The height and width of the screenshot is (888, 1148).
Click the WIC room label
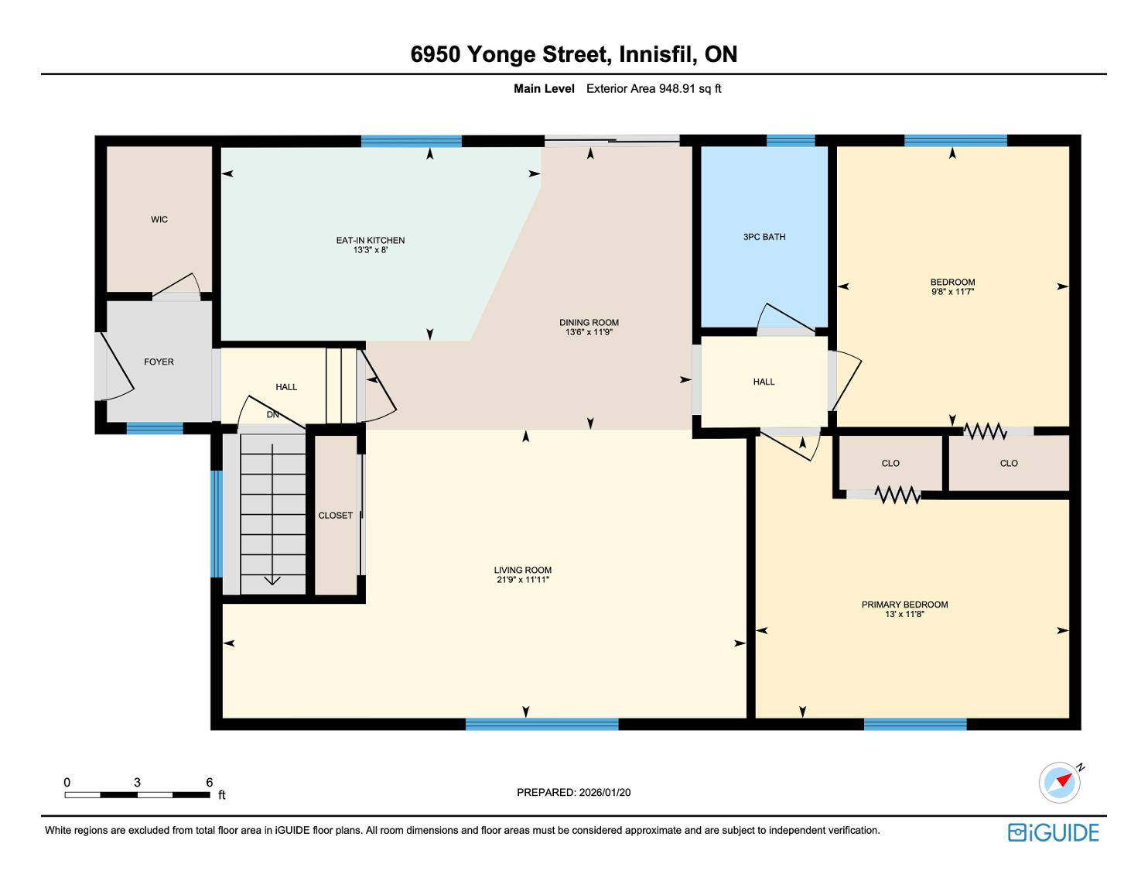pyautogui.click(x=159, y=219)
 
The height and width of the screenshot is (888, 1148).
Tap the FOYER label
pyautogui.click(x=159, y=362)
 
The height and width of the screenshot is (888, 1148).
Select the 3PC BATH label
pyautogui.click(x=764, y=237)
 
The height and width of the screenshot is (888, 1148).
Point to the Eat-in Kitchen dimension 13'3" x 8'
pyautogui.click(x=371, y=249)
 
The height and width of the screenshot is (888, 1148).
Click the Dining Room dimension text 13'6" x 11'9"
pyautogui.click(x=589, y=332)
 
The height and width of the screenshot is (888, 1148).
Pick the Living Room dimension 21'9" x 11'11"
pyautogui.click(x=522, y=579)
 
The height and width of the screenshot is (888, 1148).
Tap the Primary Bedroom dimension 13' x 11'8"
pyautogui.click(x=904, y=614)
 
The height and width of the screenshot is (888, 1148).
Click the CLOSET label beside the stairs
pyautogui.click(x=335, y=516)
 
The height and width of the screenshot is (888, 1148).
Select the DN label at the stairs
pyautogui.click(x=272, y=415)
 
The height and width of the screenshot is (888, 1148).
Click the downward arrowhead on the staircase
pyautogui.click(x=272, y=581)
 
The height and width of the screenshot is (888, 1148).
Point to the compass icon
pyautogui.click(x=1059, y=783)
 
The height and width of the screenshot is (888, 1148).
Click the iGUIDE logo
pyautogui.click(x=1053, y=832)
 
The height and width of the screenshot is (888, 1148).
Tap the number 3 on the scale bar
pyautogui.click(x=138, y=782)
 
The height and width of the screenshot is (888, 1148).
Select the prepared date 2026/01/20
pyautogui.click(x=604, y=792)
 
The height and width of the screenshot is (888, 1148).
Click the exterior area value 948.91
pyautogui.click(x=677, y=89)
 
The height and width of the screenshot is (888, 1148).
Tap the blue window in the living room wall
pyautogui.click(x=542, y=724)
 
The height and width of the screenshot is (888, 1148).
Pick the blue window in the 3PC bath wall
pyautogui.click(x=791, y=141)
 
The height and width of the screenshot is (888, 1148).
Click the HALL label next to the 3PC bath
pyautogui.click(x=764, y=382)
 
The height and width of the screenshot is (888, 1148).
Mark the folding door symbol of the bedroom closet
pyautogui.click(x=985, y=430)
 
